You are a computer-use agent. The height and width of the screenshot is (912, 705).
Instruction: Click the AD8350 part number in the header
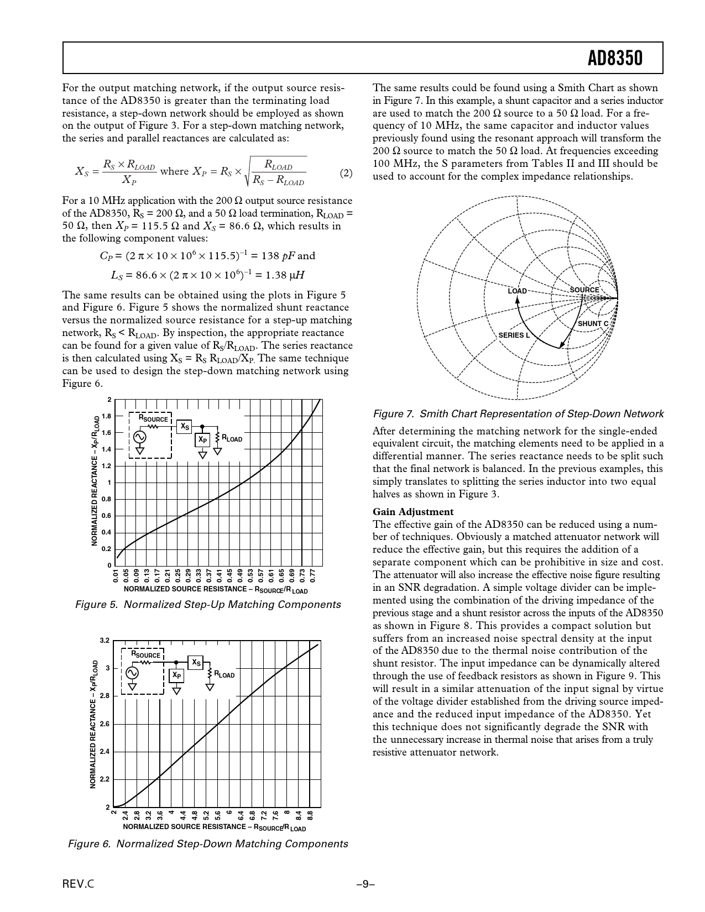[615, 58]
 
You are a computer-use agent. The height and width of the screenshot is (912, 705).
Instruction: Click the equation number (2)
[346, 174]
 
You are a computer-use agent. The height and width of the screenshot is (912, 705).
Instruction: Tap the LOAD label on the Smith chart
[517, 291]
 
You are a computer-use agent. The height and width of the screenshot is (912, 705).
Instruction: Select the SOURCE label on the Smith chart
[584, 290]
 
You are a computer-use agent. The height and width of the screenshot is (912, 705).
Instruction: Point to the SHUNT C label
[593, 323]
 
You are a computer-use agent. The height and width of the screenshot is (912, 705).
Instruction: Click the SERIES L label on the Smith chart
[514, 335]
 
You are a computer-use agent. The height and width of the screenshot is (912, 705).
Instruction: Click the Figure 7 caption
[518, 414]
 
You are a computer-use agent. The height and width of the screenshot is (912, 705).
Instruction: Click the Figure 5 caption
[207, 605]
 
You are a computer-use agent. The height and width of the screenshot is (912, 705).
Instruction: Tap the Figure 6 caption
[207, 844]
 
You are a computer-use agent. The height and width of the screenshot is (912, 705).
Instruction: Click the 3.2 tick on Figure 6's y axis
[105, 641]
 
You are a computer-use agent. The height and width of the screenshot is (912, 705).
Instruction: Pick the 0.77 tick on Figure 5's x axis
[313, 576]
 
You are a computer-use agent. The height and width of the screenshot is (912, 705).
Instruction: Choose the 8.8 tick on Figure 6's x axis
[311, 815]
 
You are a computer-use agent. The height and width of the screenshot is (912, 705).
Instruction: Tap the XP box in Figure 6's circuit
[176, 675]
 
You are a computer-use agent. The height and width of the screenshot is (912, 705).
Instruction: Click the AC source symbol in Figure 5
[140, 437]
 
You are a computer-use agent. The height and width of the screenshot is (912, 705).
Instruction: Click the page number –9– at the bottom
[365, 884]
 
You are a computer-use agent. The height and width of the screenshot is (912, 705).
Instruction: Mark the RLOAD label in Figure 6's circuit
[224, 675]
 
